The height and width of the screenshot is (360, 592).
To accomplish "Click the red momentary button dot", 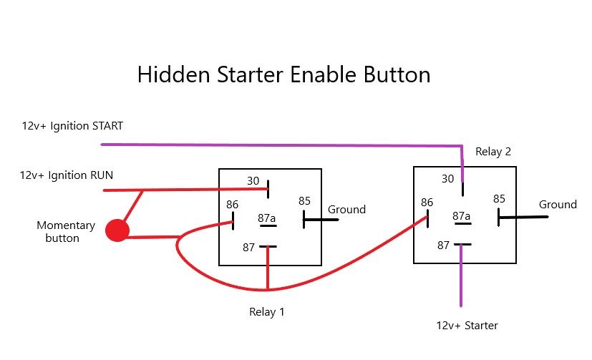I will click(x=117, y=231).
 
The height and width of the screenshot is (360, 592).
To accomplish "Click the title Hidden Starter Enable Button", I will click(x=283, y=75).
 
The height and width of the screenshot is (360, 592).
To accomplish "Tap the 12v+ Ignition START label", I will click(x=72, y=126).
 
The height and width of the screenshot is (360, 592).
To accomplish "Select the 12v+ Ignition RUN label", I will click(x=67, y=175).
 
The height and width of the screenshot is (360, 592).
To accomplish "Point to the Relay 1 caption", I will click(x=268, y=312).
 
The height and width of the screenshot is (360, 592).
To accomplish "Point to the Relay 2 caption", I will click(x=493, y=152).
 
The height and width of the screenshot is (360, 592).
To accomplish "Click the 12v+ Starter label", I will click(x=467, y=326).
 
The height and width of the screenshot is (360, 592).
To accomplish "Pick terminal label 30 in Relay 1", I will click(x=252, y=182).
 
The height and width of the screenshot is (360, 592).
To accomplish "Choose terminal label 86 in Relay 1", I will click(x=232, y=205).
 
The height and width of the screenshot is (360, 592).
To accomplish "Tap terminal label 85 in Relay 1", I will click(x=304, y=201).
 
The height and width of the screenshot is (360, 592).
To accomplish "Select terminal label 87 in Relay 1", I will click(x=248, y=247).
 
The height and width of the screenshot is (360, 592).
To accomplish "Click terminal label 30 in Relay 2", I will click(x=447, y=179).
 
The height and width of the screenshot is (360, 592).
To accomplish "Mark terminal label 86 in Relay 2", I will click(x=427, y=203).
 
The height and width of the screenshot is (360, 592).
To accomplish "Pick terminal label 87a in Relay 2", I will click(x=462, y=216).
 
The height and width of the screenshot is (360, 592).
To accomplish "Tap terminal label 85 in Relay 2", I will click(x=499, y=198).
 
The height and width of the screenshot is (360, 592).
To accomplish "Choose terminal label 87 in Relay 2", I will click(x=444, y=245).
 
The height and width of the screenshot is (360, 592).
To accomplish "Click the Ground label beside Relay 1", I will click(x=346, y=210).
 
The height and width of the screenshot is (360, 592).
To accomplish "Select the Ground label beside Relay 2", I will click(x=558, y=205).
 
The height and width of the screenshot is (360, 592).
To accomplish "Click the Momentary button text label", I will click(x=66, y=231).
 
